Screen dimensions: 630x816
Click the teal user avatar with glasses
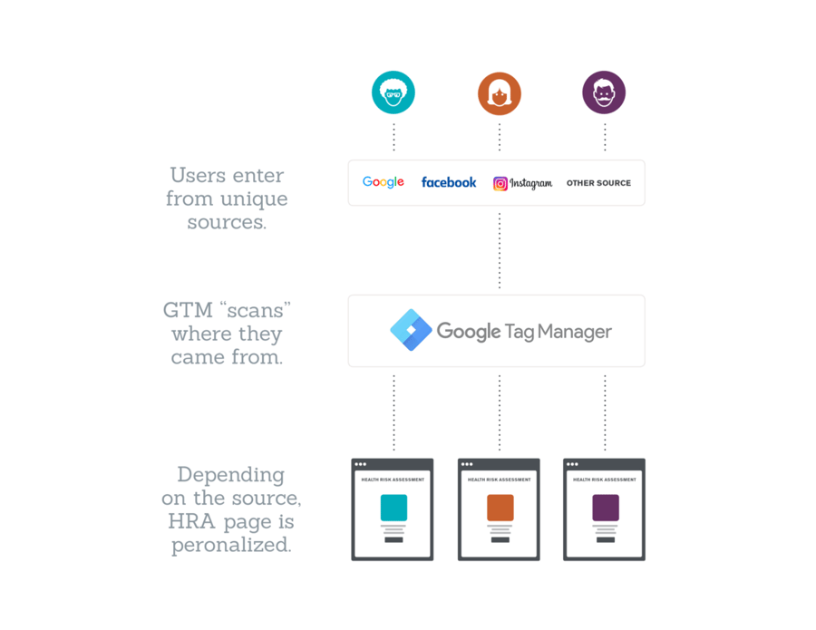click(x=393, y=92)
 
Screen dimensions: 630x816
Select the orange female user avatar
click(x=500, y=93)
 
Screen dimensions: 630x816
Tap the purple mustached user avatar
click(x=604, y=92)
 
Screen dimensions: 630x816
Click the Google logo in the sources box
click(x=384, y=182)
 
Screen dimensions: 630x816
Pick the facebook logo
click(x=449, y=182)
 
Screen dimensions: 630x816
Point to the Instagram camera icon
click(x=500, y=183)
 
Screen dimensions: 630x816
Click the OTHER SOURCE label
click(x=598, y=183)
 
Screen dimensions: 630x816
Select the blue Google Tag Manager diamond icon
click(x=411, y=330)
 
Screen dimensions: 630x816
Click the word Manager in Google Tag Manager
click(x=572, y=332)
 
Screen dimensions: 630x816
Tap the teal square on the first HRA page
click(x=393, y=508)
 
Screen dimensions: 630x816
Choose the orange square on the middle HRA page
click(x=500, y=508)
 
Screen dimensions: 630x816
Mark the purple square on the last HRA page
click(x=605, y=508)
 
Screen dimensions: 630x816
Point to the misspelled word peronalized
click(x=231, y=546)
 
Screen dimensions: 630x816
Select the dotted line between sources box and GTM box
click(x=500, y=250)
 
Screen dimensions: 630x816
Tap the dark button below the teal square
click(x=393, y=539)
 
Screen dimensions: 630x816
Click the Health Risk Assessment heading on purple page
click(x=605, y=480)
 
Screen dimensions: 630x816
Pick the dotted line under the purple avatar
click(x=605, y=137)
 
